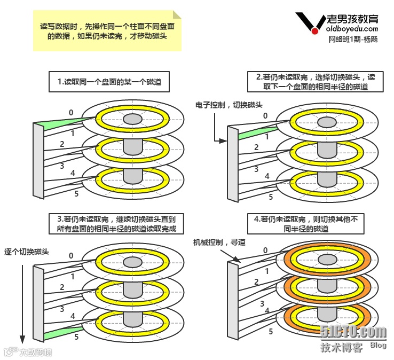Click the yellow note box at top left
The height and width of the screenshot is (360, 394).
click(x=107, y=30)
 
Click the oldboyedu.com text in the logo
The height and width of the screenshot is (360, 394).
click(x=353, y=29)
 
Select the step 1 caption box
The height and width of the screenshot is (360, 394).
click(x=105, y=83)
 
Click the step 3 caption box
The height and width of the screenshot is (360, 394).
click(x=120, y=223)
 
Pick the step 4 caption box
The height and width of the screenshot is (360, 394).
click(x=306, y=223)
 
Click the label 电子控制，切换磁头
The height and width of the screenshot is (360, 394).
click(x=229, y=105)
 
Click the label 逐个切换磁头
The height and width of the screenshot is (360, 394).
click(x=27, y=251)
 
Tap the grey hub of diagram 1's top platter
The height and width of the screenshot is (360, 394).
click(x=131, y=118)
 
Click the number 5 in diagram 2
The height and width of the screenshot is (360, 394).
click(x=271, y=197)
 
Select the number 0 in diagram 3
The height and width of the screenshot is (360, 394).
click(x=71, y=255)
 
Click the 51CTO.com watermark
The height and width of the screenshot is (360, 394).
click(x=353, y=332)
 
